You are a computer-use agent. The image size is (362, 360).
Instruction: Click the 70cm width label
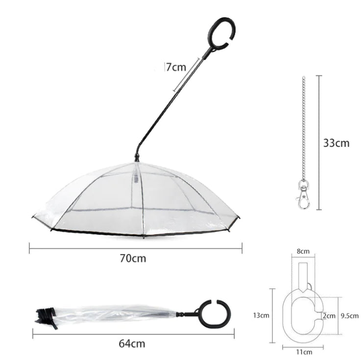click(132, 258)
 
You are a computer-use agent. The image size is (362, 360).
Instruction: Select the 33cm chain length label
click(336, 143)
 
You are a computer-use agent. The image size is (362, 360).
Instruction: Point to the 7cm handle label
click(174, 68)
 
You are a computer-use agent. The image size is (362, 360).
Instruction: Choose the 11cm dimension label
click(304, 351)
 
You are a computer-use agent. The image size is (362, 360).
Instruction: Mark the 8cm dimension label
click(304, 251)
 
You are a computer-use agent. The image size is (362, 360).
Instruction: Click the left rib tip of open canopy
click(33, 217)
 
